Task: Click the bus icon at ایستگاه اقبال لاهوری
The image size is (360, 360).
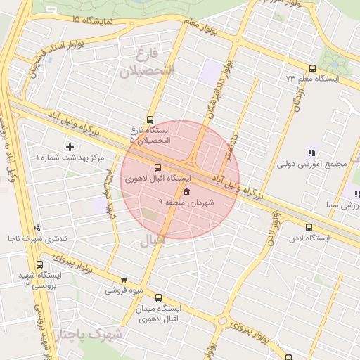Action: pos(157,167)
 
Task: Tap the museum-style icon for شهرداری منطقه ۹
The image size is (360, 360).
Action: pos(186,192)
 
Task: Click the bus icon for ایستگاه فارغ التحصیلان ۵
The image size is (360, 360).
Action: pos(149,120)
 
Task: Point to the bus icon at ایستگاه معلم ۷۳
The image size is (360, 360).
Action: pos(312,68)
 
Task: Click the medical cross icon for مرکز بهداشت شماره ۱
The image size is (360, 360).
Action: pos(69,147)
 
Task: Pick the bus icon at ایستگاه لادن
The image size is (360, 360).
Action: pos(309,227)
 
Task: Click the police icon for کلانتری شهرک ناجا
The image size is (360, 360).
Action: pos(37,228)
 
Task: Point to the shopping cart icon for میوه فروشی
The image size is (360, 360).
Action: pos(124,279)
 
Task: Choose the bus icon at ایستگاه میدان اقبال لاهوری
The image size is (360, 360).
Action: pos(158,297)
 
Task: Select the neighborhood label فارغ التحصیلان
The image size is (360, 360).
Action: pos(147,63)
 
